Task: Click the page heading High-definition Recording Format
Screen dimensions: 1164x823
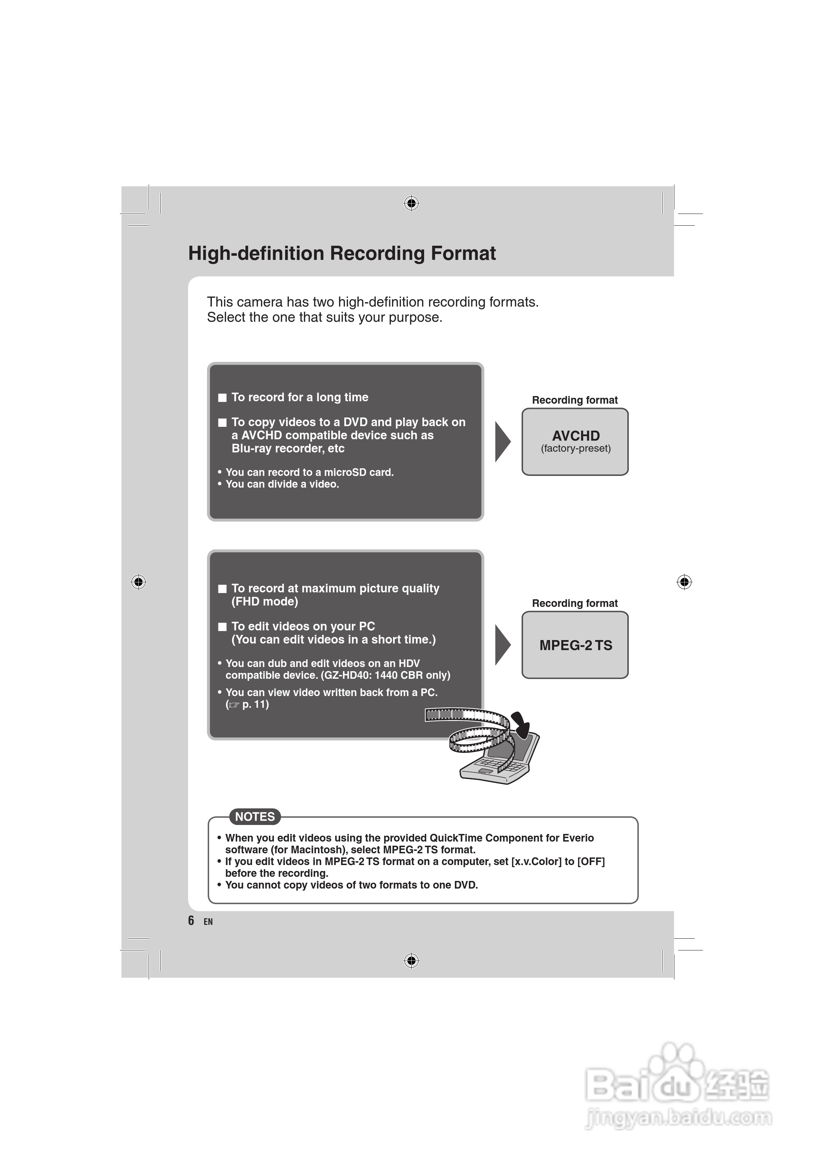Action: pos(342,253)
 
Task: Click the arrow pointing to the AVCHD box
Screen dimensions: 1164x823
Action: pos(502,442)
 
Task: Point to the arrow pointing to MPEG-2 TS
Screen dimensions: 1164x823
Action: pos(502,645)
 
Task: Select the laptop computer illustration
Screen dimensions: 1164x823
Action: pos(499,763)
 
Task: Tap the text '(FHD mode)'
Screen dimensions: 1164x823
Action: pos(265,602)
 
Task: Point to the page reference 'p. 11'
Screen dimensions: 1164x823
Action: pos(255,704)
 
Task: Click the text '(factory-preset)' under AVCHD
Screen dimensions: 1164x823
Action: pos(576,449)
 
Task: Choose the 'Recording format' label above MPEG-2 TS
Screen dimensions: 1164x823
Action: pos(574,603)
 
